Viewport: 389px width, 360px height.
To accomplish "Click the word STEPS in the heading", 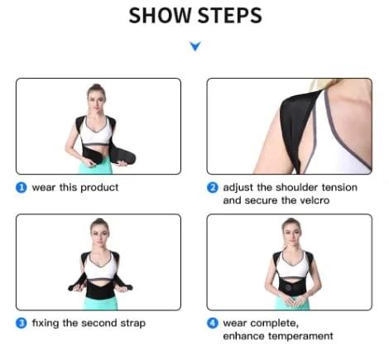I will tap(228, 16).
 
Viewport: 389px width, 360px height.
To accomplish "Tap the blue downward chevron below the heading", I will tap(194, 47).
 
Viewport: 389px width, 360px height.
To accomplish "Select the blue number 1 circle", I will tap(22, 187).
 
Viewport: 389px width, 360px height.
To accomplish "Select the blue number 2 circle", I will tap(213, 188).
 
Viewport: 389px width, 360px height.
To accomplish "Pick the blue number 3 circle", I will tap(22, 323).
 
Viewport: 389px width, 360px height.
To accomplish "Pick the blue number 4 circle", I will tap(213, 323).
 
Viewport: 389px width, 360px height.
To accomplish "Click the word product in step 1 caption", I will tap(99, 187).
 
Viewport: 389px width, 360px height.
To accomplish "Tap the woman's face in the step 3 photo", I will tap(99, 230).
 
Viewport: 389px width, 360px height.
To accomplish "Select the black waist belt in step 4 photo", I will tap(291, 286).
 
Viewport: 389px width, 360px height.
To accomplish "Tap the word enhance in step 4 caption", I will tap(243, 336).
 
